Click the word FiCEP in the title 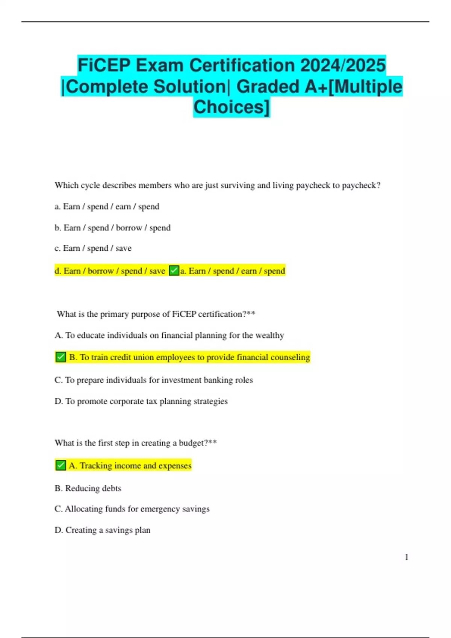(104, 65)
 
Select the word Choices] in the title (232, 107)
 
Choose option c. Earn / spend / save (93, 248)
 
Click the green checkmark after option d (174, 271)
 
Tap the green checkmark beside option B (61, 357)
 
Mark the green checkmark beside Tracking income (61, 465)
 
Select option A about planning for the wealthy (169, 335)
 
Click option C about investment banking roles (153, 380)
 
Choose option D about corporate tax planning (141, 401)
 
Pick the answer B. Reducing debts (88, 488)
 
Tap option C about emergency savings (132, 509)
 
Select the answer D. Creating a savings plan (102, 530)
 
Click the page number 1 (406, 557)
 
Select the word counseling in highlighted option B (290, 357)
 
